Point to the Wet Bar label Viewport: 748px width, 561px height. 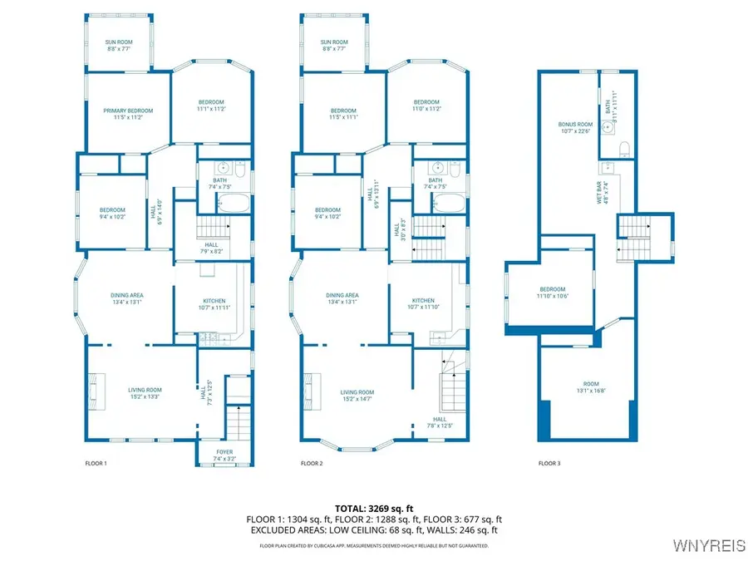click(x=606, y=192)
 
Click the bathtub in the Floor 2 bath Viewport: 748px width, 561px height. click(x=449, y=204)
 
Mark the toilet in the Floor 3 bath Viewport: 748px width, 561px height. click(x=624, y=149)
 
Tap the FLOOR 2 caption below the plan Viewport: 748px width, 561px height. click(x=312, y=463)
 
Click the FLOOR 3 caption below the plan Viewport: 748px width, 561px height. click(x=549, y=463)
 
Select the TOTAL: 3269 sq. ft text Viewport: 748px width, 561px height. click(x=373, y=507)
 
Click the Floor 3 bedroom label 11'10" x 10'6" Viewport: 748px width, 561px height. click(x=551, y=293)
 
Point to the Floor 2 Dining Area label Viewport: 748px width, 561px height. click(x=342, y=295)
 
